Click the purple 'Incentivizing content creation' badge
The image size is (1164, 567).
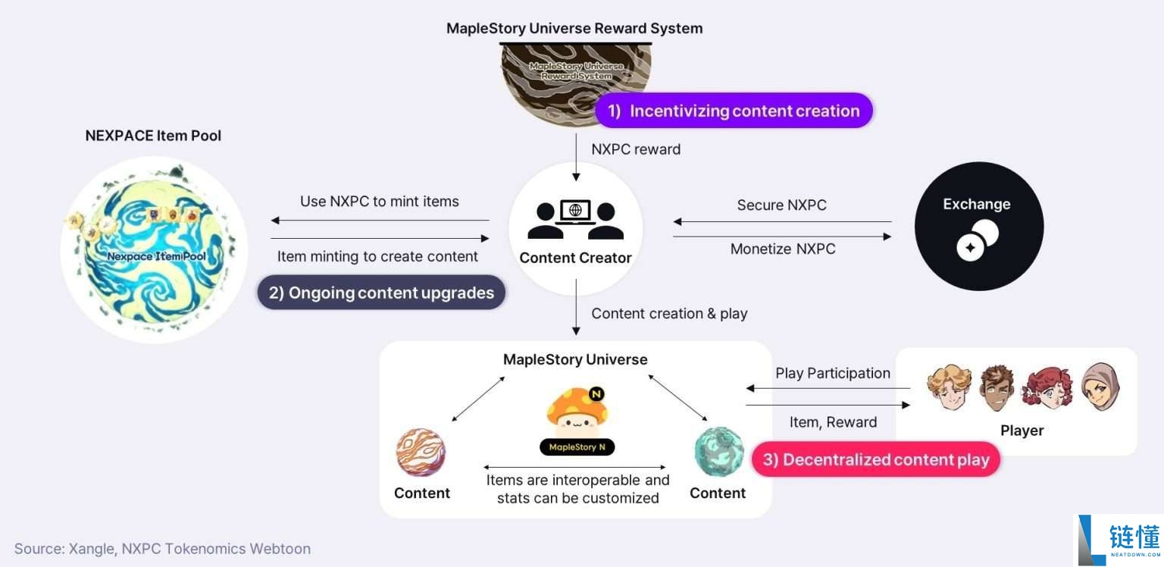(x=734, y=111)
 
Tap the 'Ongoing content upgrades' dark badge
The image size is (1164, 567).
(x=381, y=293)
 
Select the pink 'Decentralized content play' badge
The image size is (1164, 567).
(x=875, y=460)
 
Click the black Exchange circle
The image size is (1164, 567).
(x=978, y=226)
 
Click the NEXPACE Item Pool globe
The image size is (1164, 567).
(x=154, y=250)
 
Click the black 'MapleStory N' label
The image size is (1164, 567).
(x=577, y=447)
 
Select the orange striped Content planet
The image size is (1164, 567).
(x=421, y=453)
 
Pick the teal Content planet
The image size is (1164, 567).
(x=718, y=452)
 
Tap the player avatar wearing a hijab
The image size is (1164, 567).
(x=1100, y=387)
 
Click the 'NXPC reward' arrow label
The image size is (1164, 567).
(x=636, y=149)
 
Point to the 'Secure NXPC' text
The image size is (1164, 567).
(x=781, y=205)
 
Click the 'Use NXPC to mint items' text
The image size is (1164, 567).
(x=379, y=202)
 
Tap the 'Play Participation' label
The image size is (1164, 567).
(x=832, y=373)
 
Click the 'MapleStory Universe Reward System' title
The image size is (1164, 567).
(x=574, y=29)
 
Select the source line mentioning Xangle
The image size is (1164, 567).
(x=162, y=549)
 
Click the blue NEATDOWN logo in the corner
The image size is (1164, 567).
(x=1120, y=540)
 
